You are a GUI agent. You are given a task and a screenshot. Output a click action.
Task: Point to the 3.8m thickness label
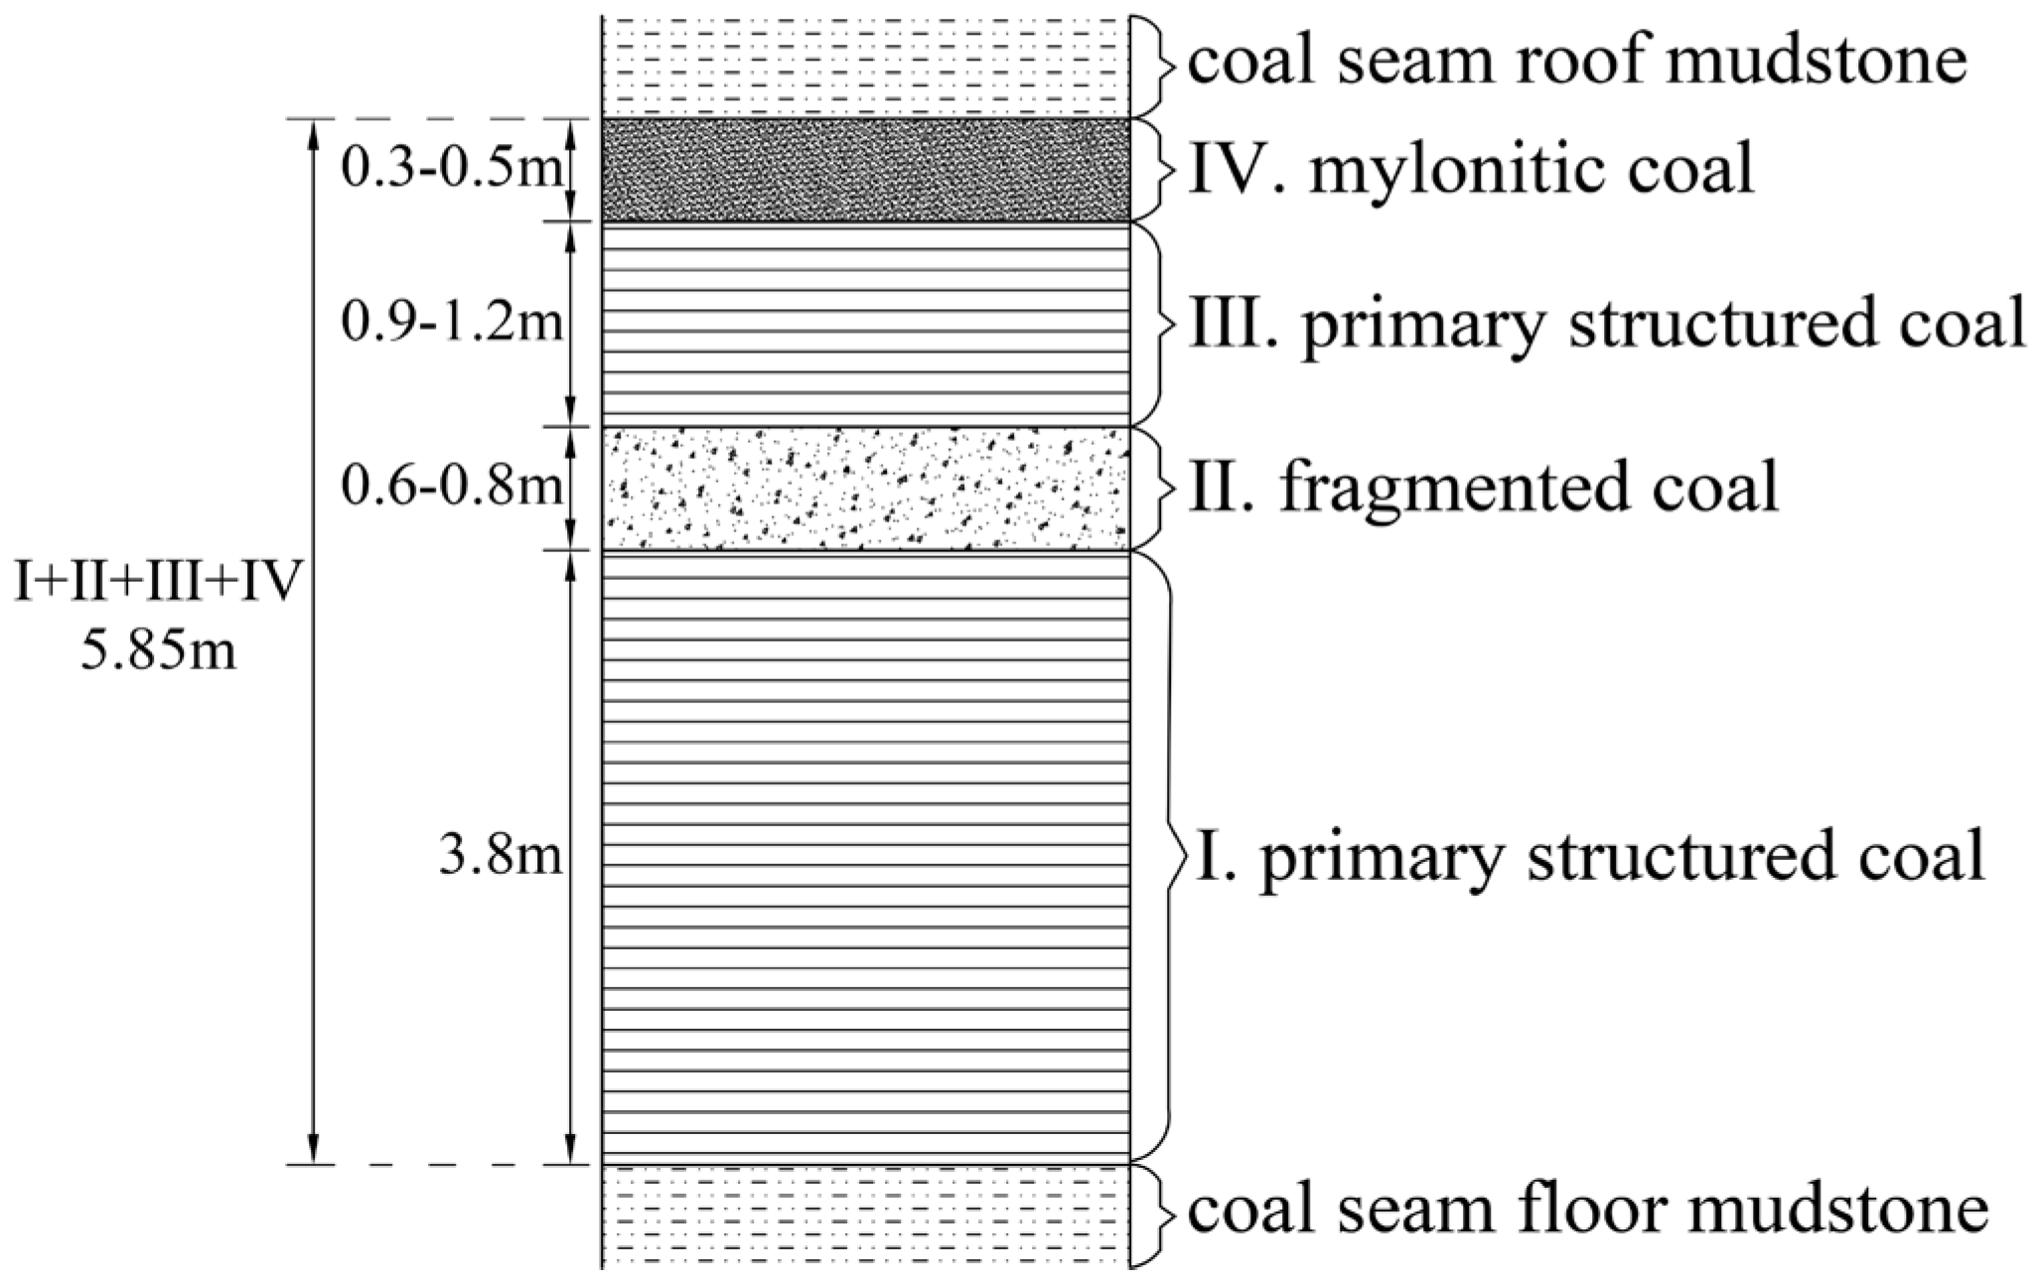pyautogui.click(x=501, y=856)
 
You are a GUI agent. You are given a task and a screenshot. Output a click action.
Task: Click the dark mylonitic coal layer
pyautogui.click(x=865, y=170)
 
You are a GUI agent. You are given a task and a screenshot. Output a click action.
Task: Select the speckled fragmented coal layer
pyautogui.click(x=865, y=488)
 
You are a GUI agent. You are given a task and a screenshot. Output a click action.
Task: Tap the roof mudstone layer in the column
pyautogui.click(x=865, y=59)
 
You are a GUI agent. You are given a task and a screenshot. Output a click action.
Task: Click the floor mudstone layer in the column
pyautogui.click(x=865, y=1215)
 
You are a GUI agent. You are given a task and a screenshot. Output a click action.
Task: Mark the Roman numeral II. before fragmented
pyautogui.click(x=1226, y=488)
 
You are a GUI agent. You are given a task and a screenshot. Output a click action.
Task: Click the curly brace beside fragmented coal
pyautogui.click(x=1153, y=488)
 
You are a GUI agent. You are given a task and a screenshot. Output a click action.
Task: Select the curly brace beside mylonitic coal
pyautogui.click(x=1153, y=170)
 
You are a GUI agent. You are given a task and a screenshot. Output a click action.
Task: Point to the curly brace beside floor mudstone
pyautogui.click(x=1153, y=1215)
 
